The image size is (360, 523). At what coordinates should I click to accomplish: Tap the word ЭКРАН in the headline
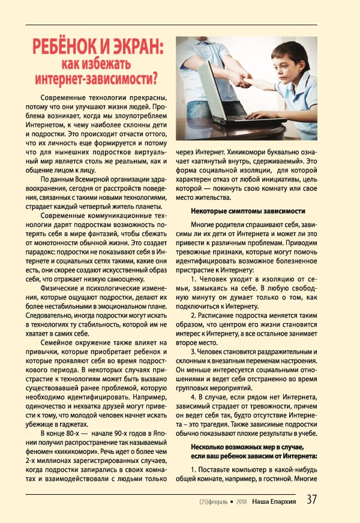click(x=137, y=47)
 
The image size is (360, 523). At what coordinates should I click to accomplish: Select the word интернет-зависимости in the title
click(x=96, y=78)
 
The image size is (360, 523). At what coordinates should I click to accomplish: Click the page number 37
click(x=312, y=500)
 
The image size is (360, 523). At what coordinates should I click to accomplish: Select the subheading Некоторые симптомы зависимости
click(x=248, y=211)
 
